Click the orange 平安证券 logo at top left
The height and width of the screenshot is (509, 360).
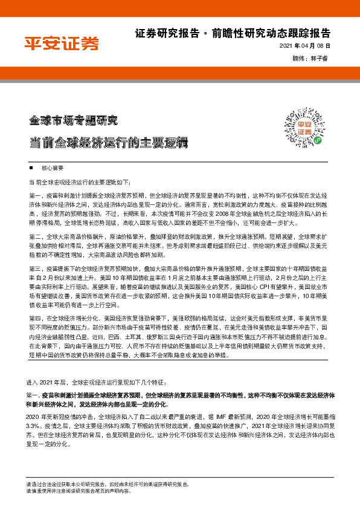click(61, 43)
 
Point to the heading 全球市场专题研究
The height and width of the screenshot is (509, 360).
click(74, 119)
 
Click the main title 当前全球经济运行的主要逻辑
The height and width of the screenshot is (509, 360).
click(109, 143)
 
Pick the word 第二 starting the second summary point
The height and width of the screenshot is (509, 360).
click(34, 236)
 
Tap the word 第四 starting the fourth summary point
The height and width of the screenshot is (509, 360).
click(34, 317)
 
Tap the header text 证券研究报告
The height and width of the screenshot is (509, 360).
click(159, 33)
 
